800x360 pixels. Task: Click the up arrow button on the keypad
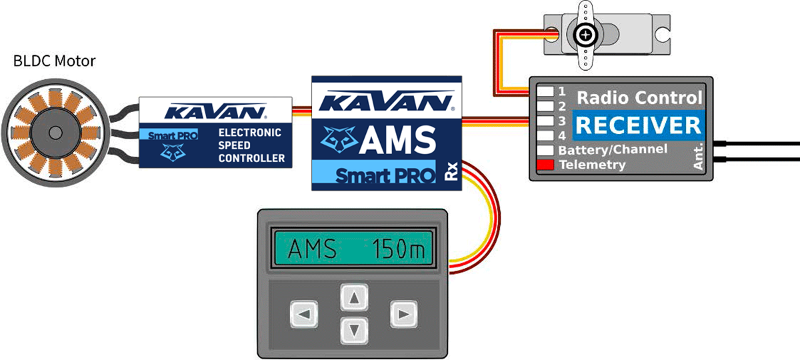pos(355,298)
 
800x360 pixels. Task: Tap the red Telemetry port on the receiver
pos(545,164)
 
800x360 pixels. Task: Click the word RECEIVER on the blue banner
pos(638,125)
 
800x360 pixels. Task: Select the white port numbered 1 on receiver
pos(545,90)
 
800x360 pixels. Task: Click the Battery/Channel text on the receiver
pos(612,149)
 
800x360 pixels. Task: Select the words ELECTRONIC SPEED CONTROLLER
pos(249,145)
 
